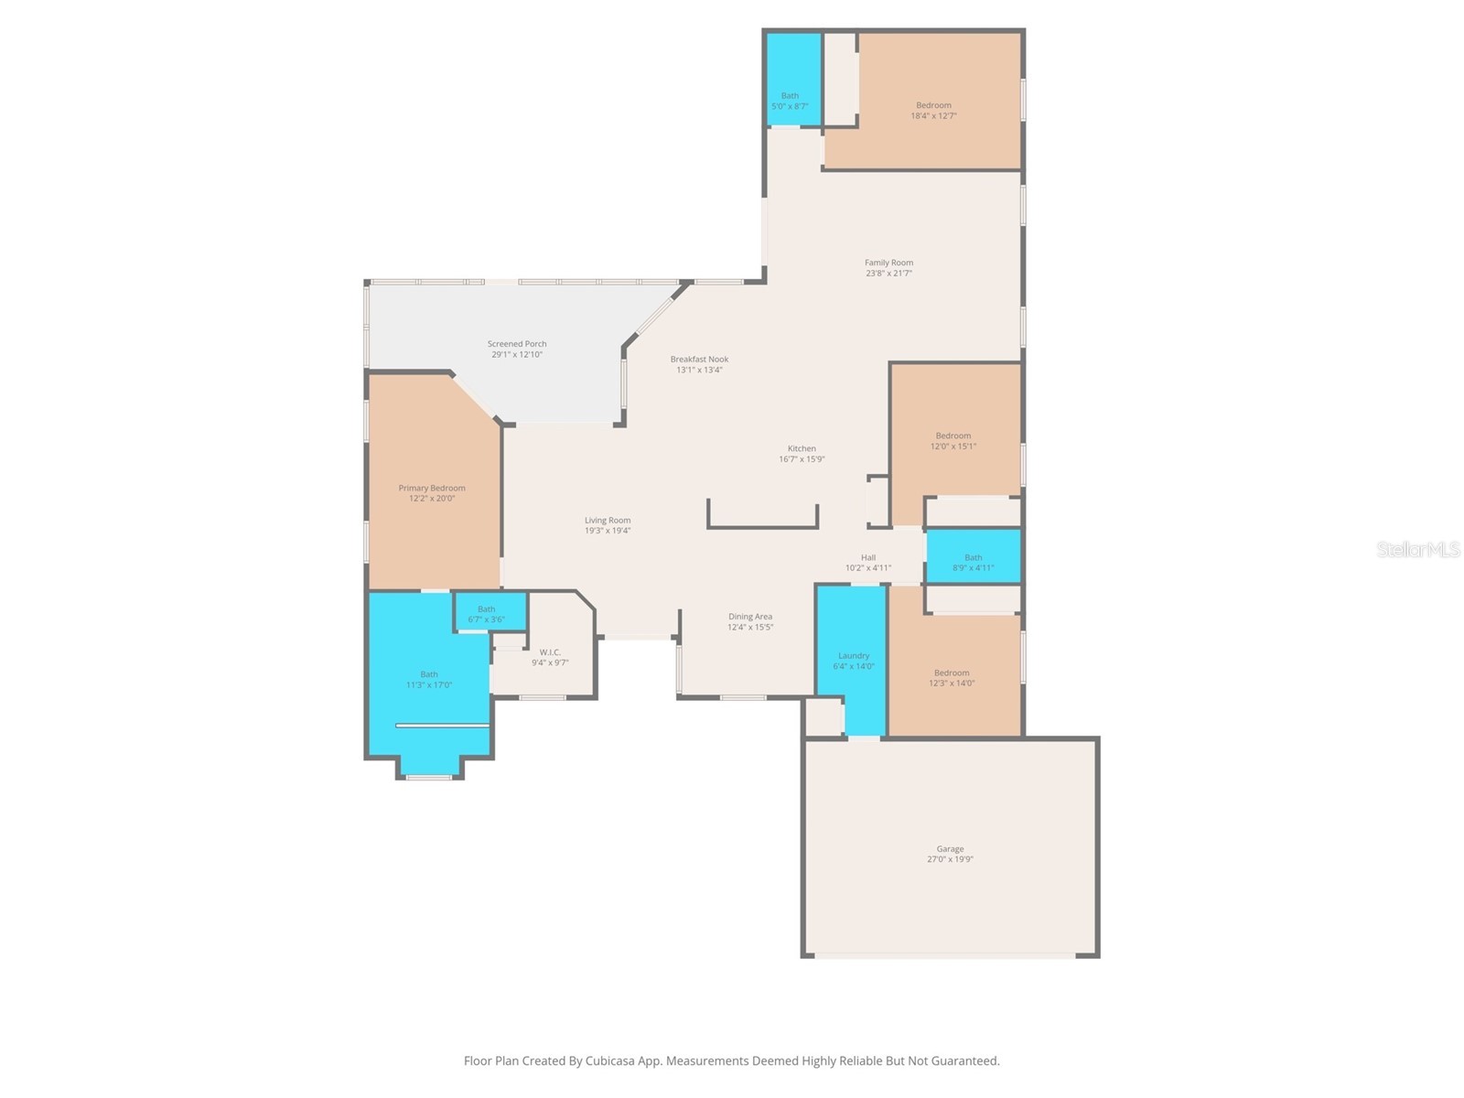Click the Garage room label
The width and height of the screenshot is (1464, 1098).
[x=950, y=849]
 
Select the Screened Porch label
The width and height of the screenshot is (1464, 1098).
[x=516, y=344]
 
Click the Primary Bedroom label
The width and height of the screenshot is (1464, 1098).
[x=431, y=489]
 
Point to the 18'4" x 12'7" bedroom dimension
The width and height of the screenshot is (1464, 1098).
[x=933, y=116]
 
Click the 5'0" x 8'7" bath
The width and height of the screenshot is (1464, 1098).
[x=790, y=101]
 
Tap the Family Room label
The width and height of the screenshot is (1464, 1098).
[x=888, y=263]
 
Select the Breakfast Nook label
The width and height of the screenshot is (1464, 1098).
[x=699, y=360]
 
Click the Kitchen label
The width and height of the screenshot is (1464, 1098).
[x=802, y=448]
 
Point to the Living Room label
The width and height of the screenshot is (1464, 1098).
[x=608, y=521]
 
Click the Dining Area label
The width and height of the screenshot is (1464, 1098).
[x=750, y=617]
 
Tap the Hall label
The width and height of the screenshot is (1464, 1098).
[x=868, y=557]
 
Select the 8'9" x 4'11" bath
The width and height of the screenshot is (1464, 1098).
[x=973, y=562]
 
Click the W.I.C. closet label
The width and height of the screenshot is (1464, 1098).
[x=550, y=652]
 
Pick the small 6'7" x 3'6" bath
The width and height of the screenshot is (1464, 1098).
[x=486, y=613]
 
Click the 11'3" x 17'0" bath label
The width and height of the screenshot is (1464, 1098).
[x=429, y=679]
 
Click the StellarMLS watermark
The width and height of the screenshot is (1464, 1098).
[x=1417, y=549]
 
